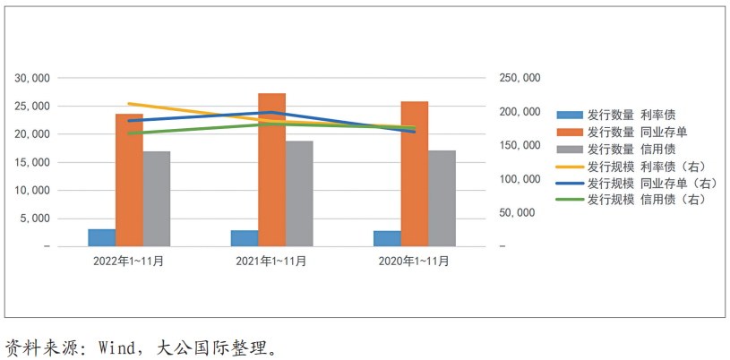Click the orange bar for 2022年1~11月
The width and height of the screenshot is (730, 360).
pyautogui.click(x=129, y=179)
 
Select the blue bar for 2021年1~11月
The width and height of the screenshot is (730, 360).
pyautogui.click(x=244, y=238)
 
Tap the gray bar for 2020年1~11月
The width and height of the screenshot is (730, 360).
pyautogui.click(x=442, y=198)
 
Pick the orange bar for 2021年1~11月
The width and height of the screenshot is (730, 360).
pyautogui.click(x=271, y=169)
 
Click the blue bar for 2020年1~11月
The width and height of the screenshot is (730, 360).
pyautogui.click(x=387, y=238)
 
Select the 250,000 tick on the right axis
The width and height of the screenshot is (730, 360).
pyautogui.click(x=520, y=78)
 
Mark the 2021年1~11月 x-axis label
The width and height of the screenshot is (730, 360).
pyautogui.click(x=271, y=261)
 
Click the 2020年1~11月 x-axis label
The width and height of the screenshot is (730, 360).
pyautogui.click(x=414, y=261)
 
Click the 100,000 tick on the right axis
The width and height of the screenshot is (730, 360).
pyautogui.click(x=520, y=179)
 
